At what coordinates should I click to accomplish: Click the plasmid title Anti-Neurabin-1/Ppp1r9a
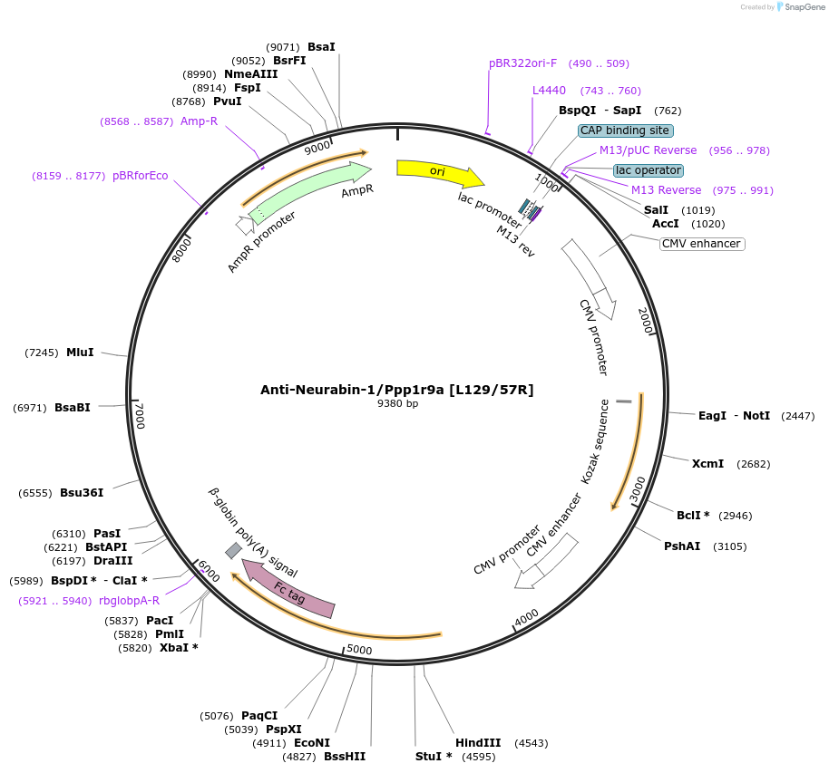[x=396, y=390]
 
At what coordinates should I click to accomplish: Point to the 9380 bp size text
[x=397, y=404]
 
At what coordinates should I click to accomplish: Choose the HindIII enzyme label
[x=478, y=743]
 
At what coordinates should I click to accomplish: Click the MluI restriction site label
[x=80, y=353]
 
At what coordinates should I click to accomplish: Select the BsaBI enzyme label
[x=73, y=408]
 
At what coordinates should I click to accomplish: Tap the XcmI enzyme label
[x=707, y=464]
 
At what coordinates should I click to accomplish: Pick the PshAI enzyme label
[x=682, y=546]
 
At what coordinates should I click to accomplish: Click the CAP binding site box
[x=625, y=130]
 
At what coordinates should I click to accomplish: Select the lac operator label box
[x=648, y=170]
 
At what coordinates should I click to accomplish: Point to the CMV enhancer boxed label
[x=701, y=244]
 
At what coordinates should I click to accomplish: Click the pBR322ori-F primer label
[x=522, y=63]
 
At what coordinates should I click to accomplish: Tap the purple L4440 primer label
[x=549, y=91]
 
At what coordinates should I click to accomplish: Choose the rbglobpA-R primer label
[x=130, y=601]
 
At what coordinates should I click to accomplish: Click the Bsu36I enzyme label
[x=82, y=493]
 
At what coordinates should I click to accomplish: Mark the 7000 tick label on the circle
[x=140, y=417]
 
